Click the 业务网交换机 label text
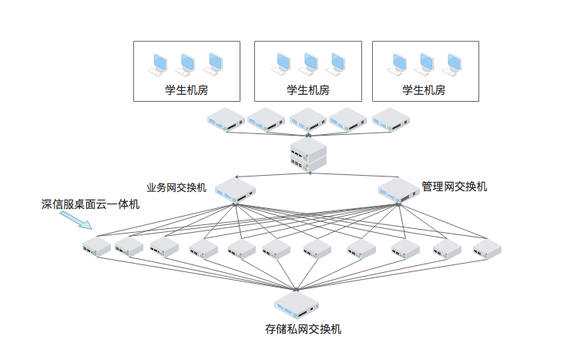click(x=176, y=187)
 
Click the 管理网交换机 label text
click(x=455, y=187)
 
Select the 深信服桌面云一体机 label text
click(x=90, y=204)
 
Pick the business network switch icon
click(x=235, y=190)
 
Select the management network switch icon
click(x=398, y=190)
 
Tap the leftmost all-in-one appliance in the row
click(x=97, y=247)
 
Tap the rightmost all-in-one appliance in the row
click(x=487, y=247)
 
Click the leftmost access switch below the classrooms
click(x=226, y=119)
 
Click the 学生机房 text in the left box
click(x=186, y=89)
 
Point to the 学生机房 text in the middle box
click(x=308, y=89)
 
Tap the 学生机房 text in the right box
click(x=424, y=89)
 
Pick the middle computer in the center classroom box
click(x=309, y=62)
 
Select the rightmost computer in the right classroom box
click(x=453, y=62)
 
